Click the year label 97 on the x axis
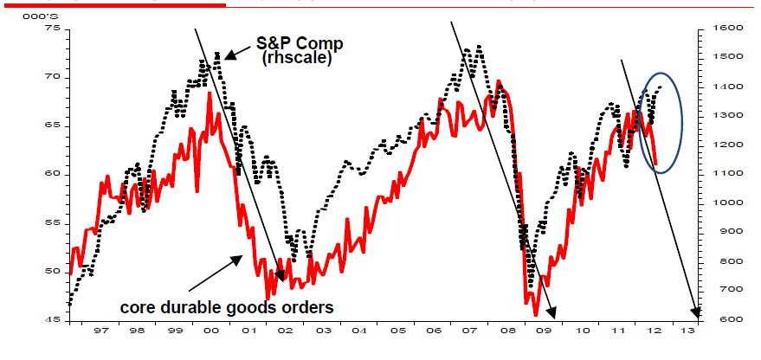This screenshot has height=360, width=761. [x=100, y=331]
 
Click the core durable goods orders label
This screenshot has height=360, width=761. [x=226, y=306]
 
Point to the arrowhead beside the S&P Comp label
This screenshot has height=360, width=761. [x=229, y=56]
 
